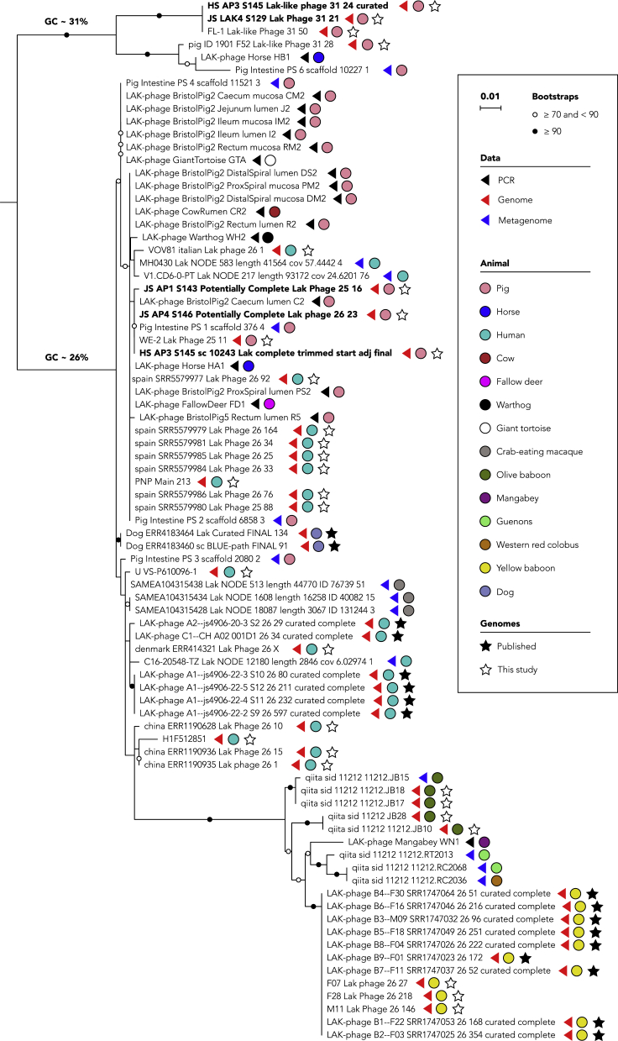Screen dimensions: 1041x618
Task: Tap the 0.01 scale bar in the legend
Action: pyautogui.click(x=490, y=108)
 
